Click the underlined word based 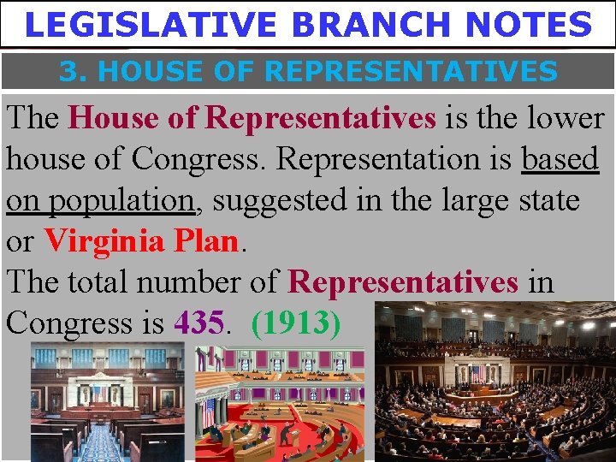pos(560,159)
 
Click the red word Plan pos(206,241)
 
